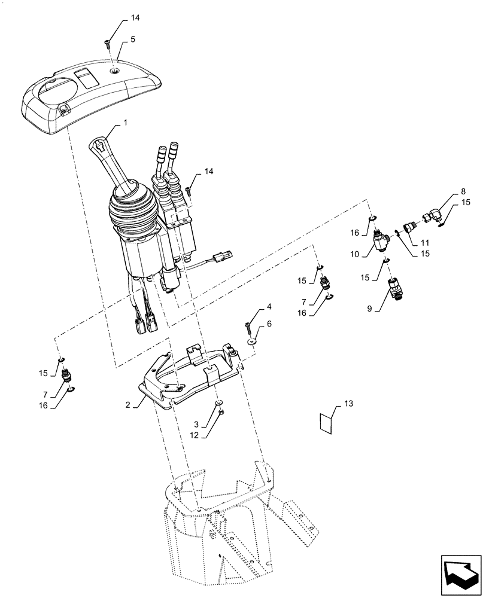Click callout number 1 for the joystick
tap(125, 122)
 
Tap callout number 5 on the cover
tap(133, 39)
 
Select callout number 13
tap(350, 405)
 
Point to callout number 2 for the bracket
tap(127, 405)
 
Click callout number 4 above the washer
tap(269, 307)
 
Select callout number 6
tap(269, 323)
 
